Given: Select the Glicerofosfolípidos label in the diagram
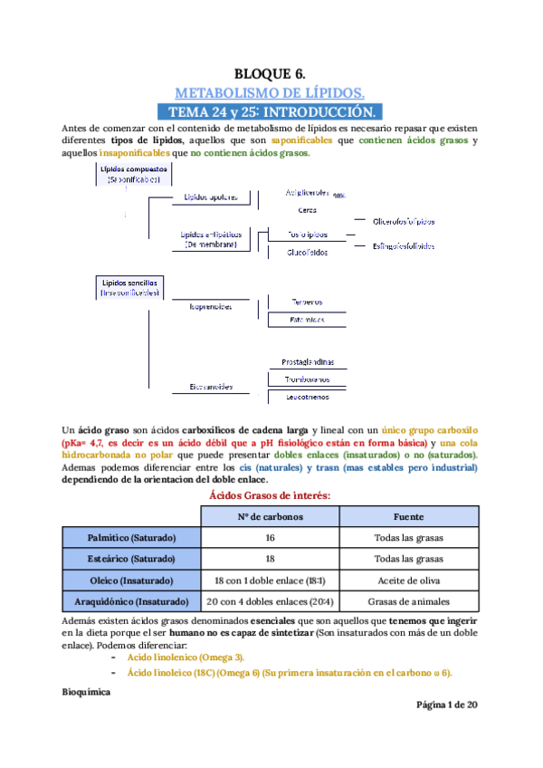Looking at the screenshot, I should coord(403,222).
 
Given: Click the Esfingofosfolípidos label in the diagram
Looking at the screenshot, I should coord(405,245).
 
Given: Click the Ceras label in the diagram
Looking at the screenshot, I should coord(307,210).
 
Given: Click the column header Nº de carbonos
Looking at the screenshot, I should coord(270,517).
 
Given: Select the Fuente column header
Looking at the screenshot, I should coord(409,517).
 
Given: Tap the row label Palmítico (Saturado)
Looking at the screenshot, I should coord(131,538).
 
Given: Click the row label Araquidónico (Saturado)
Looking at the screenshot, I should coord(131,600).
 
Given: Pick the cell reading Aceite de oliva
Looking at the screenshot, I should coord(409,580).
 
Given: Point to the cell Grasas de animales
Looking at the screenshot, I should coord(409,600).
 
